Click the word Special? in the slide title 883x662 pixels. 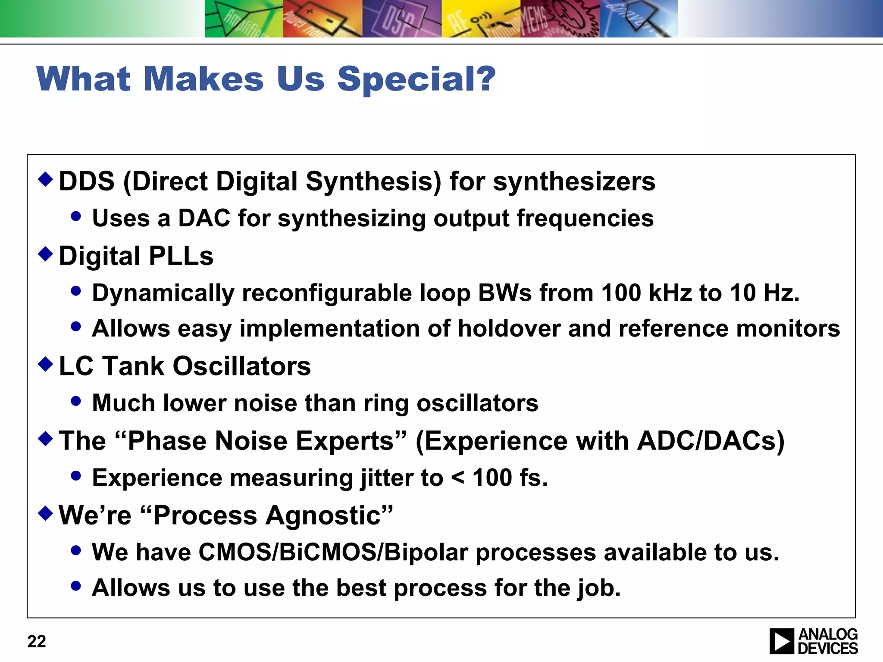(416, 79)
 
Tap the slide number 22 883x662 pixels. (37, 641)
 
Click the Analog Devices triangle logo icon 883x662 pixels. (781, 641)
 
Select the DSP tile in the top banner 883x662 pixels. (401, 19)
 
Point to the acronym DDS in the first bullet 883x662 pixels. (87, 181)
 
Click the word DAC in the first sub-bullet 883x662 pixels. (204, 218)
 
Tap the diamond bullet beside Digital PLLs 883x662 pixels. (45, 254)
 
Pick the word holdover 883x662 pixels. (509, 328)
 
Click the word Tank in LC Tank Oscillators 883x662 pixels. (133, 366)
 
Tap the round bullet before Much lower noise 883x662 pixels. (76, 401)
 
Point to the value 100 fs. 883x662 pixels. (510, 478)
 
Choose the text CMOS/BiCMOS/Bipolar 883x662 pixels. (333, 553)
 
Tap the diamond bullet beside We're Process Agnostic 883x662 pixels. (45, 513)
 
